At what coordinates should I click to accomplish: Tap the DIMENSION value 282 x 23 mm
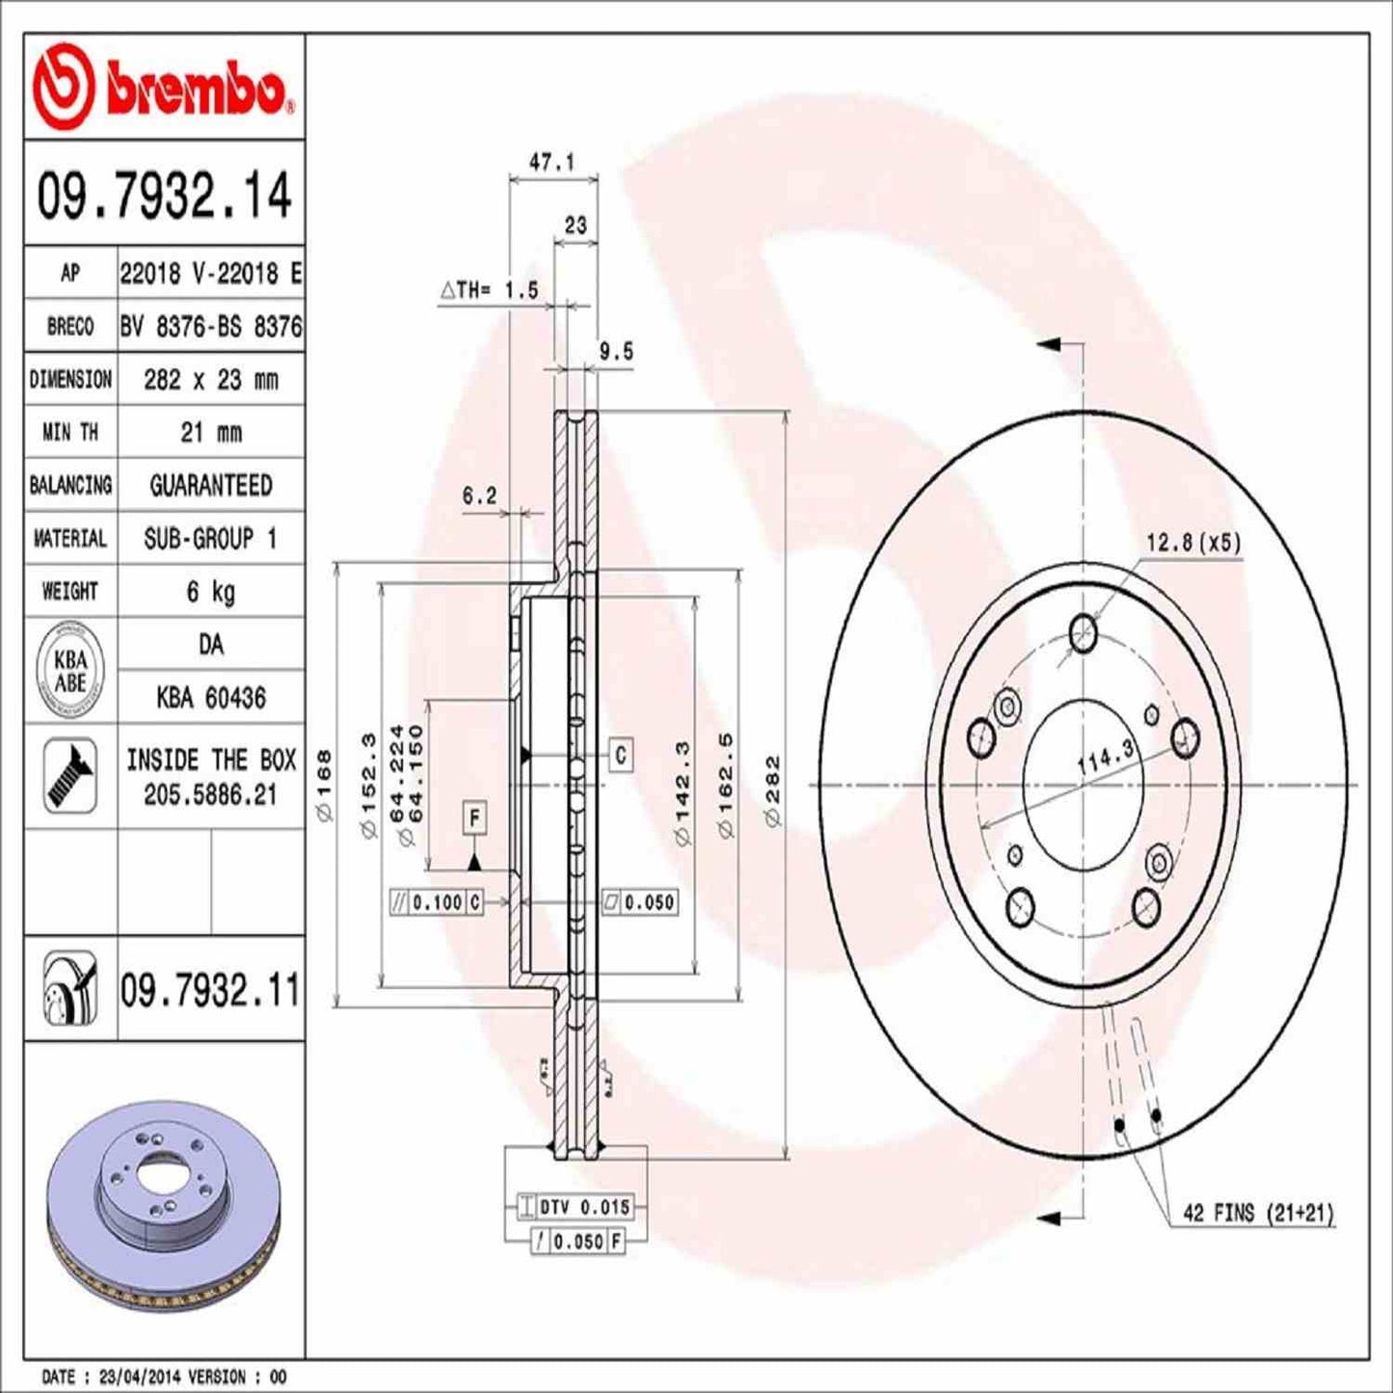pyautogui.click(x=210, y=380)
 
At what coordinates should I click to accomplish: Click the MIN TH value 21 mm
pyautogui.click(x=210, y=433)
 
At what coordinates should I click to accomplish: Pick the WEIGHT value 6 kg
pyautogui.click(x=210, y=591)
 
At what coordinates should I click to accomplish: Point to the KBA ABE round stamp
pyautogui.click(x=69, y=671)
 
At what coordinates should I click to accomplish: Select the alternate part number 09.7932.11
pyautogui.click(x=210, y=990)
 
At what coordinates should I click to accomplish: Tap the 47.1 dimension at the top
pyautogui.click(x=552, y=162)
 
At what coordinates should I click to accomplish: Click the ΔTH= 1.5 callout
pyautogui.click(x=490, y=290)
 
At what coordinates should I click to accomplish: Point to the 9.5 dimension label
pyautogui.click(x=616, y=352)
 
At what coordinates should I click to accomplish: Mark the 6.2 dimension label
pyautogui.click(x=479, y=496)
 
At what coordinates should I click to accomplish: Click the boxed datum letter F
pyautogui.click(x=474, y=818)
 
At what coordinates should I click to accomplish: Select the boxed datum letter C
pyautogui.click(x=620, y=755)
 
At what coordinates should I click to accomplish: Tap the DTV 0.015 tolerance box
pyautogui.click(x=575, y=1207)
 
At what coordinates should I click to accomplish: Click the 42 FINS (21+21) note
pyautogui.click(x=1258, y=1213)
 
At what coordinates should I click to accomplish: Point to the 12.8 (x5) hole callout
pyautogui.click(x=1193, y=544)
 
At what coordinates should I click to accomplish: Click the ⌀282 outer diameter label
pyautogui.click(x=772, y=790)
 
